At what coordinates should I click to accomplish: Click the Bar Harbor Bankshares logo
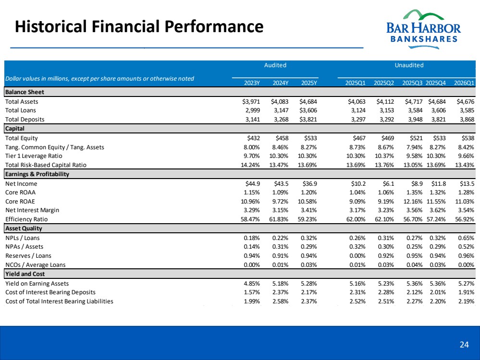pyautogui.click(x=423, y=29)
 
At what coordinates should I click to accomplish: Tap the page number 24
pyautogui.click(x=464, y=345)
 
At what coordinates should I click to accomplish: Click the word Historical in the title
pyautogui.click(x=51, y=26)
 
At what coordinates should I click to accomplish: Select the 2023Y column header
pyautogui.click(x=252, y=83)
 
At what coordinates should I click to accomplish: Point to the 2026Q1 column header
pyautogui.click(x=464, y=83)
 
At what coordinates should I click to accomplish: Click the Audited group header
pyautogui.click(x=275, y=65)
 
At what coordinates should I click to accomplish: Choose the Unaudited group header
pyautogui.click(x=409, y=65)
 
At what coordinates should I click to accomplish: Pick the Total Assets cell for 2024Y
pyautogui.click(x=280, y=102)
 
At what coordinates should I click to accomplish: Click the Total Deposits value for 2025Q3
pyautogui.click(x=415, y=120)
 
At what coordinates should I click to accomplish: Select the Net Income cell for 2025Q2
pyautogui.click(x=388, y=183)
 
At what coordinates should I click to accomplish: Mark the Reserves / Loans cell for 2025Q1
pyautogui.click(x=357, y=256)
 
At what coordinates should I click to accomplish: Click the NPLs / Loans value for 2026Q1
pyautogui.click(x=466, y=238)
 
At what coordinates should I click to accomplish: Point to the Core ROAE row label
pyautogui.click(x=20, y=202)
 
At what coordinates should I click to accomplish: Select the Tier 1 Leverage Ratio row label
pyautogui.click(x=34, y=156)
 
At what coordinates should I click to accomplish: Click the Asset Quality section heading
pyautogui.click(x=24, y=228)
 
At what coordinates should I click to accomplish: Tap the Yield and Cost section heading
pyautogui.click(x=25, y=274)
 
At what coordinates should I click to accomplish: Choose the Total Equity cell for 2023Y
pyautogui.click(x=253, y=138)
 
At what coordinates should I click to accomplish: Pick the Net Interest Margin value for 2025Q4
pyautogui.click(x=437, y=210)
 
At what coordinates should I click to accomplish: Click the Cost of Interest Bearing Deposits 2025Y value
pyautogui.click(x=308, y=292)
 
